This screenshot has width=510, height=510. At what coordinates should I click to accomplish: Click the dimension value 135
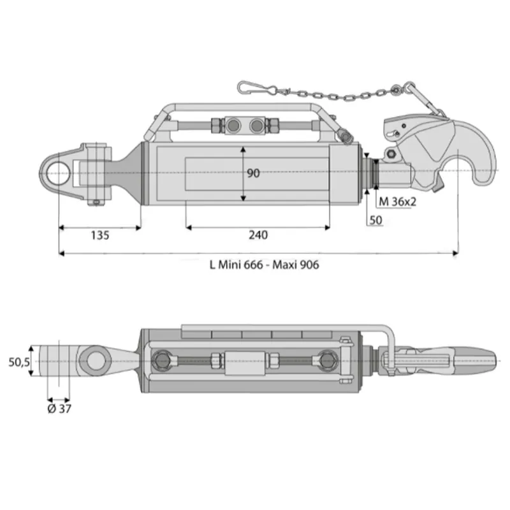pos(100,235)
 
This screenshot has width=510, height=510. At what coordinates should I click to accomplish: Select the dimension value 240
pos(258,235)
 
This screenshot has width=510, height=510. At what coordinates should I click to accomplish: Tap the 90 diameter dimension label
pos(253,173)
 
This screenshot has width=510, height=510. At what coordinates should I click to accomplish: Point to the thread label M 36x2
pos(397,201)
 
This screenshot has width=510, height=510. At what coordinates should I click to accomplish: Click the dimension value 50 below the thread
pos(375,220)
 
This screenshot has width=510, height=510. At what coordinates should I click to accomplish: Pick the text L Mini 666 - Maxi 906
pos(264,265)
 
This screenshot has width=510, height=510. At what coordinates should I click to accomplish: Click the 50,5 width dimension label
pos(19,361)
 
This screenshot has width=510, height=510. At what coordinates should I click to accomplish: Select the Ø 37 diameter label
pos(59,409)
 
